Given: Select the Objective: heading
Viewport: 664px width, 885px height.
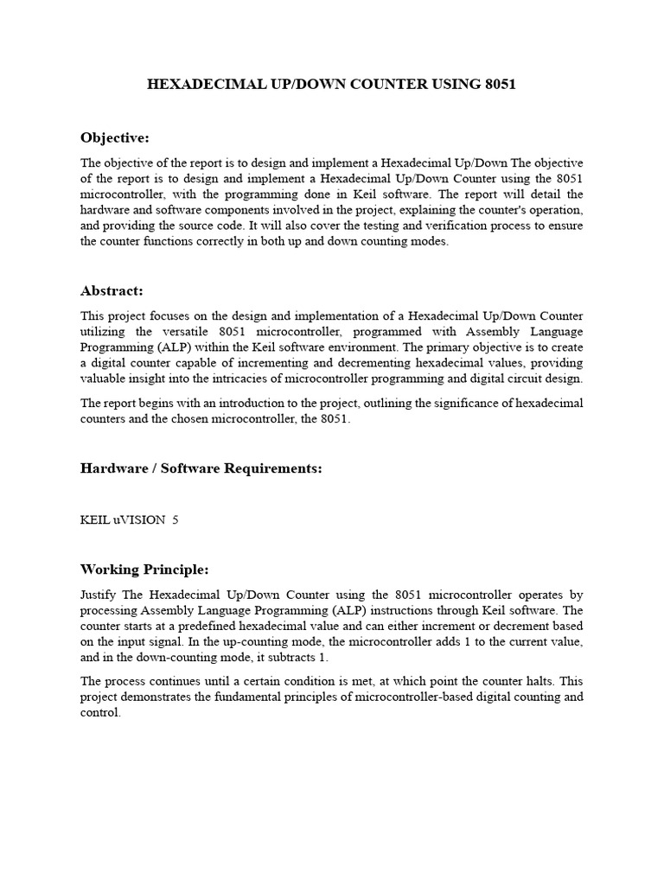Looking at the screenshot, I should [115, 137].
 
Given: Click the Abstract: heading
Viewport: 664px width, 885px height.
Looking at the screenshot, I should [112, 291].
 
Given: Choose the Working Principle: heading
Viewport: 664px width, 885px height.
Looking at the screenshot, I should [144, 570].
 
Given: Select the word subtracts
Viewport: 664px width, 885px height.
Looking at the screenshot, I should [285, 656].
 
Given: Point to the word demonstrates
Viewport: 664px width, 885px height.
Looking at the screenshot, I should [167, 697].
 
